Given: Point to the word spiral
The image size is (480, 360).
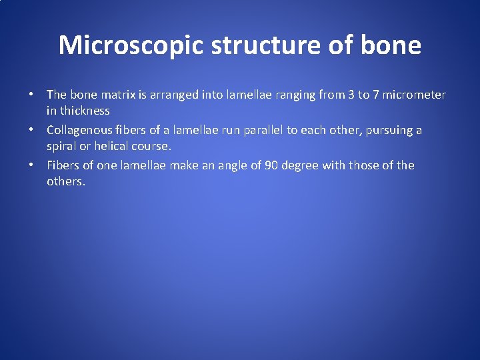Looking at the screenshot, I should (62, 146).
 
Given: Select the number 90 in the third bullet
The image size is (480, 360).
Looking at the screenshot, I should (271, 165).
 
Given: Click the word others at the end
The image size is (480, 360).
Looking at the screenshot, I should (65, 181).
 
